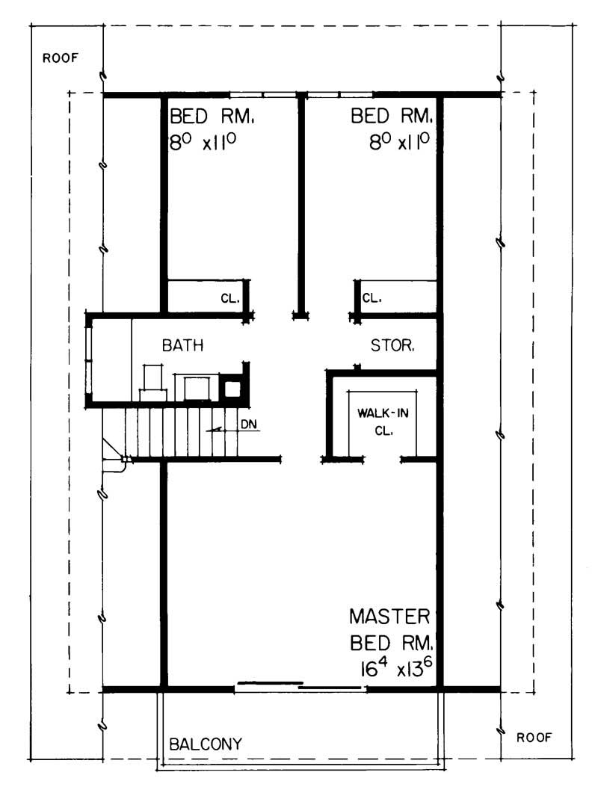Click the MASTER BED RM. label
coord(390,629)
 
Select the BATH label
coord(183,346)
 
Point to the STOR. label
coord(393,346)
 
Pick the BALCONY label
coord(206,744)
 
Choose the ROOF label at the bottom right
coord(534,738)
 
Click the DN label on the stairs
coord(250,425)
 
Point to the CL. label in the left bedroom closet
coord(229,298)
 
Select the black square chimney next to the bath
coord(233,389)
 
